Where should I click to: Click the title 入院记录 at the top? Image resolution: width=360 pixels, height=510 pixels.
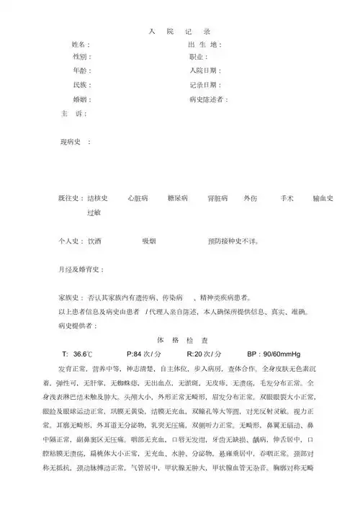tap(180, 32)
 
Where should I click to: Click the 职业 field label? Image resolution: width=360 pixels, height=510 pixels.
tap(197, 58)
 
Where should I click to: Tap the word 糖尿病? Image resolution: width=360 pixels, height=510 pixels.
tap(177, 197)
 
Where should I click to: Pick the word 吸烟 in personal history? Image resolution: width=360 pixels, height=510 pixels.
tap(149, 240)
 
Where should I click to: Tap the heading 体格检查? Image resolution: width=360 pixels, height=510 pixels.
tap(183, 339)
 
